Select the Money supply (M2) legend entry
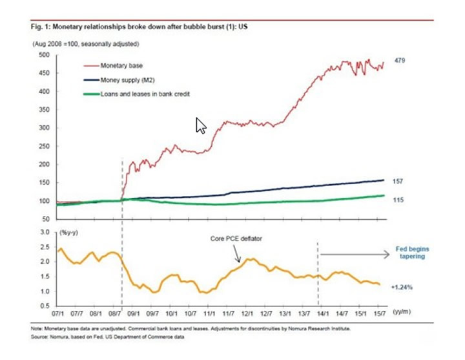pyautogui.click(x=127, y=81)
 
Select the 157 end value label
pyautogui.click(x=398, y=182)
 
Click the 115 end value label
pyautogui.click(x=398, y=200)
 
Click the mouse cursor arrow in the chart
pyautogui.click(x=201, y=125)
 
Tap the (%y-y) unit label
pyautogui.click(x=69, y=231)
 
